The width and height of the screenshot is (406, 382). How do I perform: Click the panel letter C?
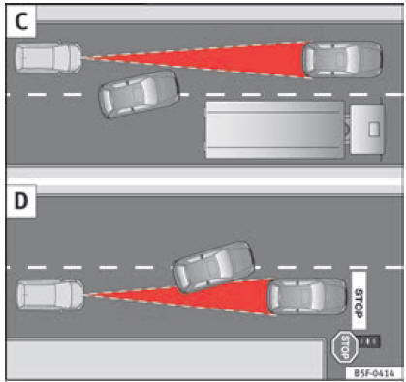click(x=21, y=21)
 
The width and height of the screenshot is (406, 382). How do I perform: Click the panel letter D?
click(x=21, y=201)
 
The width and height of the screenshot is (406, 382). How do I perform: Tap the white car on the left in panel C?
click(x=48, y=58)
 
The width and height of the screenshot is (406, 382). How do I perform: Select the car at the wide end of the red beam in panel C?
click(x=343, y=59)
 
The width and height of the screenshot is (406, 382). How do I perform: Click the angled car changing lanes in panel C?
click(x=139, y=94)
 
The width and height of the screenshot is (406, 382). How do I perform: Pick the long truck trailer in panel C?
click(x=275, y=130)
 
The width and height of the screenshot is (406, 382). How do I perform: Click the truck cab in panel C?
click(x=368, y=130)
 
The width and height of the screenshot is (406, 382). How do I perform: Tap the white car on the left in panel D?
click(x=50, y=295)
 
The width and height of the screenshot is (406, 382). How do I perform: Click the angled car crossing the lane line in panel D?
click(x=214, y=267)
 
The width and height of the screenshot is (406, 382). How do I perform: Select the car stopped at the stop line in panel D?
click(x=307, y=296)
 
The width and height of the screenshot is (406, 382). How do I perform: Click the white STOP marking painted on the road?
click(x=359, y=300)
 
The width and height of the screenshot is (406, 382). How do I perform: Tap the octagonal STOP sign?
click(x=345, y=347)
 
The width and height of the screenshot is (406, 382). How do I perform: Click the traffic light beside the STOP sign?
click(x=369, y=341)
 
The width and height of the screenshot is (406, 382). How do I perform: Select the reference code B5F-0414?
click(x=374, y=373)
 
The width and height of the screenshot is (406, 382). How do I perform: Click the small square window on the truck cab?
click(x=374, y=129)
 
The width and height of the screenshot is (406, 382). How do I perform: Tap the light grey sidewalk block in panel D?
click(x=165, y=359)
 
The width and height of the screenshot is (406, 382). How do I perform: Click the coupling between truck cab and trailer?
click(x=348, y=130)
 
